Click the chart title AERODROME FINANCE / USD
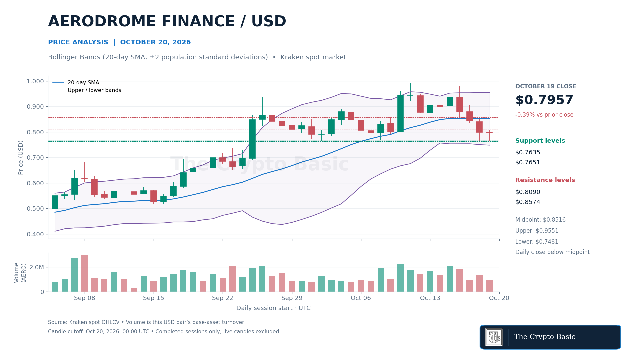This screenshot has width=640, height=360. pyautogui.click(x=167, y=22)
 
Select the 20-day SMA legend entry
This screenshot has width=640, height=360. pyautogui.click(x=76, y=83)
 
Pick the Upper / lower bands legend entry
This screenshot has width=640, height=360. pyautogui.click(x=87, y=90)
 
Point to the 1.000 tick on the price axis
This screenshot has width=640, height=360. pyautogui.click(x=35, y=81)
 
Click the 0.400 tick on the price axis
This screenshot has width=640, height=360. pyautogui.click(x=35, y=234)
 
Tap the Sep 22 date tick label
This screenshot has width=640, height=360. pyautogui.click(x=222, y=298)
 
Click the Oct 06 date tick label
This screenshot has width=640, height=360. pyautogui.click(x=361, y=298)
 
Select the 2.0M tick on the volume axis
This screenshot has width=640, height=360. pyautogui.click(x=37, y=267)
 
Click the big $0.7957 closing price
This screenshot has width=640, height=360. pyautogui.click(x=544, y=100)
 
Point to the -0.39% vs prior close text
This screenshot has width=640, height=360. pyautogui.click(x=544, y=115)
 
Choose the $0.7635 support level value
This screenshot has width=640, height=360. pyautogui.click(x=528, y=152)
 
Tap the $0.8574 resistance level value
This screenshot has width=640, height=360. pyautogui.click(x=528, y=202)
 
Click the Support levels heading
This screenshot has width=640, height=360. pyautogui.click(x=540, y=141)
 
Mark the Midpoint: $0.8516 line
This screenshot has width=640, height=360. pyautogui.click(x=540, y=220)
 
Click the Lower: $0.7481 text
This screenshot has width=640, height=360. pyautogui.click(x=537, y=242)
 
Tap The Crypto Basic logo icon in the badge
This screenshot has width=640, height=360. pyautogui.click(x=494, y=337)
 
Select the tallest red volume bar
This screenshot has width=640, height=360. pyautogui.click(x=84, y=273)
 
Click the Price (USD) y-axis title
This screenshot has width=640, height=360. pyautogui.click(x=21, y=157)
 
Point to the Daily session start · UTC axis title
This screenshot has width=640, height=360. pyautogui.click(x=273, y=308)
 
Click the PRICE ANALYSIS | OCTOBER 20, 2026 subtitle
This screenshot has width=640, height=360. pyautogui.click(x=119, y=42)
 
